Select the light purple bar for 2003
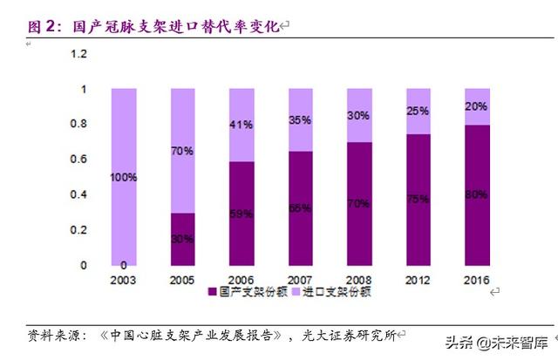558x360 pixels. pos(124,131)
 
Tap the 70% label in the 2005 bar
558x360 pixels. pos(182,151)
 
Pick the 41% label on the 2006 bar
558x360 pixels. pos(242,125)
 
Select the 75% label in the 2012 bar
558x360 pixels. pos(418,200)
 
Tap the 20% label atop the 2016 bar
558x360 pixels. pos(476,106)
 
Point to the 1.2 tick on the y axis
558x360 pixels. pos(79,54)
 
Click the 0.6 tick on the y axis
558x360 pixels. pos(79,160)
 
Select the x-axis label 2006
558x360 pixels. pos(242,279)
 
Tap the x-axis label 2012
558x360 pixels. pos(418,279)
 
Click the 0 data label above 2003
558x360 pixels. pos(124,265)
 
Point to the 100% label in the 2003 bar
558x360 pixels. pos(124,177)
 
